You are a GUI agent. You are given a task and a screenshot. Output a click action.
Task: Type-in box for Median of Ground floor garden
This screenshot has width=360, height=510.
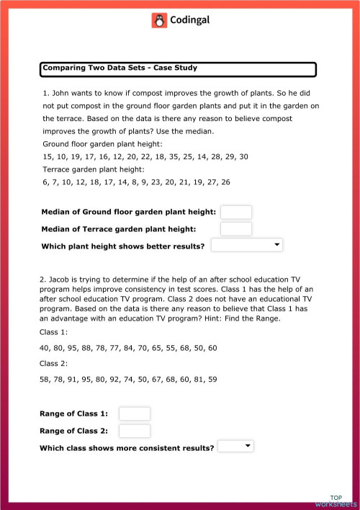pos(235,212)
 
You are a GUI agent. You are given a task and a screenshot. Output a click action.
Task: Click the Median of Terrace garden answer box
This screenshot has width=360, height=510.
pos(235,229)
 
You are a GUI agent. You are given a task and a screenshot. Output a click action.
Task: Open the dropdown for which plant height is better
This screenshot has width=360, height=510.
pos(246,246)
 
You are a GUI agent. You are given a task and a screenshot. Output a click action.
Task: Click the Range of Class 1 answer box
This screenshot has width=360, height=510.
pos(134,413)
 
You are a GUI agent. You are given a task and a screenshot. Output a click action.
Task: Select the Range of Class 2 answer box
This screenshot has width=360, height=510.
pos(134,431)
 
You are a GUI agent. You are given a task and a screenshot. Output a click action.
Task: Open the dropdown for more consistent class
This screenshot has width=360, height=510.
pos(235,447)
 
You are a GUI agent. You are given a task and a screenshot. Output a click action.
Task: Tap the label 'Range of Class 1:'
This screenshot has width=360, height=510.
pos(74,413)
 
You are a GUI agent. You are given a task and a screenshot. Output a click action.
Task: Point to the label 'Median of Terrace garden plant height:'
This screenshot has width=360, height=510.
pos(120,230)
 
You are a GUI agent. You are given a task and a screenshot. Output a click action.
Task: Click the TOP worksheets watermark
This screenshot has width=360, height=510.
pos(336,501)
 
